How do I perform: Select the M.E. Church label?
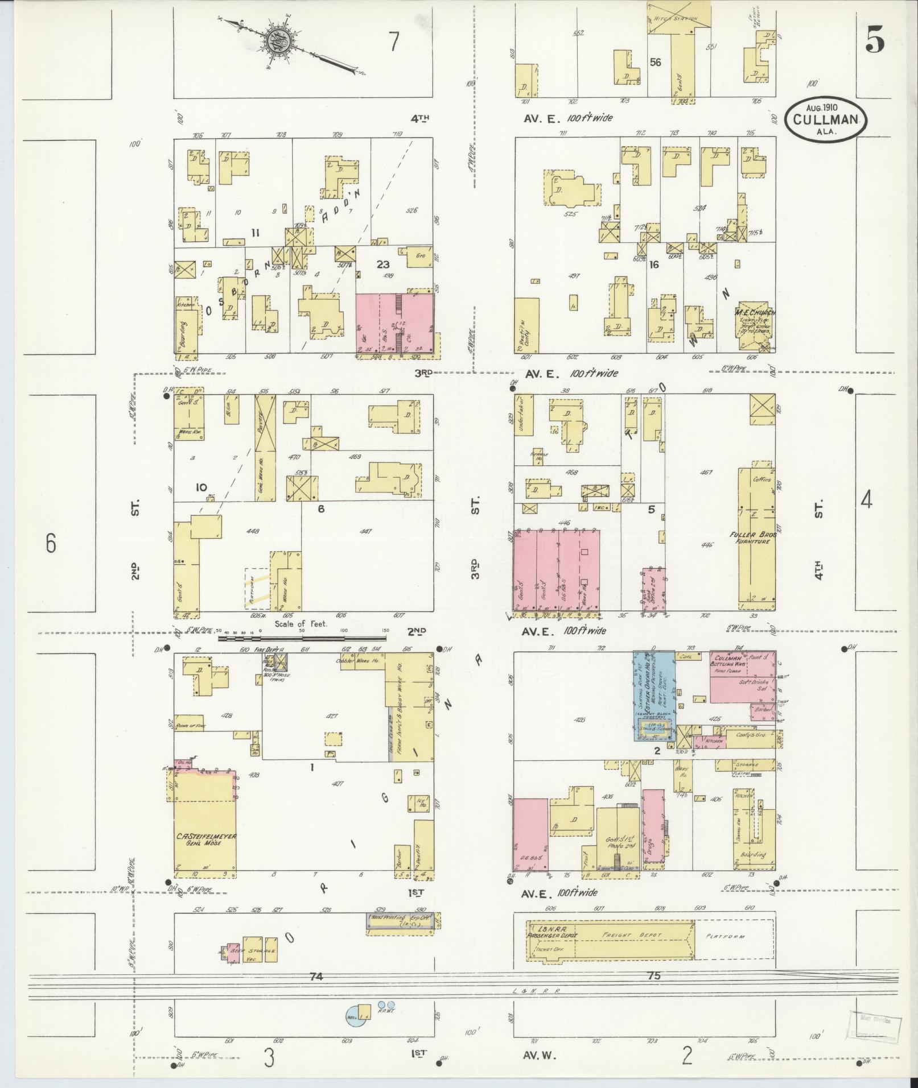756,313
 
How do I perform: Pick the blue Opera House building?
654,694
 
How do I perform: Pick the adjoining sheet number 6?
51,544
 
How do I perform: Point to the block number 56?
656,63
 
